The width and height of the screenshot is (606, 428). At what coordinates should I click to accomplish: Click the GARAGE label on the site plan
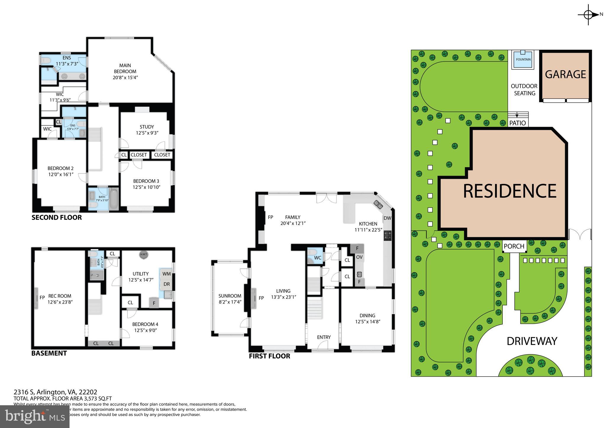(565, 74)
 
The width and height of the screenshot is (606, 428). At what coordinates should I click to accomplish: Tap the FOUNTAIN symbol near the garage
(523, 59)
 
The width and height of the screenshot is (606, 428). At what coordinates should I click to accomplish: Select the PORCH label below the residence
(514, 246)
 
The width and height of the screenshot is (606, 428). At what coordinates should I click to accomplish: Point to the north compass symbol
(588, 14)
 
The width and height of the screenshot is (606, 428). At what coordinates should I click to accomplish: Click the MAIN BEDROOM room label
(125, 68)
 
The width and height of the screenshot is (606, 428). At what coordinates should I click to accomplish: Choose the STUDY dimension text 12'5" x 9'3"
(147, 133)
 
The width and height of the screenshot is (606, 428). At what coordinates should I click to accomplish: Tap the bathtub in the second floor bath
(113, 199)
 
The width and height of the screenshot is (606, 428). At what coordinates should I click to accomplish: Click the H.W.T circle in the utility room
(144, 255)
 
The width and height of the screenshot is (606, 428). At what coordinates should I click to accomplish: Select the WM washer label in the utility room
(166, 274)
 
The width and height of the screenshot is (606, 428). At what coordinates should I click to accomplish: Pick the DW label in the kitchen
(387, 218)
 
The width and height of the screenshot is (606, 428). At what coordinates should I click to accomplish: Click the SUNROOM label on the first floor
(230, 296)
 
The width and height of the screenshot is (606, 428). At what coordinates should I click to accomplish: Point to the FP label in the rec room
(42, 298)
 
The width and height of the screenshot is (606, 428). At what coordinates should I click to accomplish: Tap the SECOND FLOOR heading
(57, 218)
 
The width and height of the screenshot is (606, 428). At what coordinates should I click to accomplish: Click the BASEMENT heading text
(49, 353)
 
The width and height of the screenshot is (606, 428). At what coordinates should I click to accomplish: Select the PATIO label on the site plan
(518, 123)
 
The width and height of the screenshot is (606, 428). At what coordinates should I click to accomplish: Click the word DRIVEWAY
(532, 341)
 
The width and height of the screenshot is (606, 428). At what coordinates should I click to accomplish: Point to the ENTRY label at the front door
(324, 337)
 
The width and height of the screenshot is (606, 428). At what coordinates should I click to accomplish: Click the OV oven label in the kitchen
(359, 257)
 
